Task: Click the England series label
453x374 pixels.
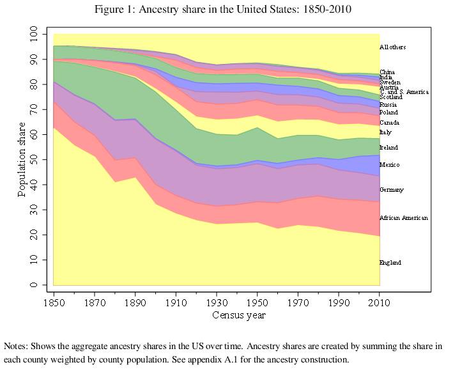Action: point(391,263)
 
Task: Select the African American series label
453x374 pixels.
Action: point(403,218)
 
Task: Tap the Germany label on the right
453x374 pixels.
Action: point(392,190)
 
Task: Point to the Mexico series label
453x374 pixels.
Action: point(389,165)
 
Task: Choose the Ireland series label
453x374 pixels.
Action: point(388,148)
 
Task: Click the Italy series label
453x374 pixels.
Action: point(385,132)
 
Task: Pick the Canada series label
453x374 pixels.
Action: point(388,122)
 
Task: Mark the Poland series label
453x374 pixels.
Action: point(388,113)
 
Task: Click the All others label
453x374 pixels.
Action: point(392,47)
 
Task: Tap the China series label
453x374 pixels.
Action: point(387,72)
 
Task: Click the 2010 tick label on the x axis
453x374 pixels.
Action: point(380,302)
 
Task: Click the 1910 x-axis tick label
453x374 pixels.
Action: point(176,302)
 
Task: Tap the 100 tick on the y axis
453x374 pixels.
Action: point(34,34)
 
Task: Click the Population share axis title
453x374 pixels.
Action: point(22,159)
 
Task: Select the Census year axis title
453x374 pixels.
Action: point(238,315)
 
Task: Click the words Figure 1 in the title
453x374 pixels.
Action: point(112,10)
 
